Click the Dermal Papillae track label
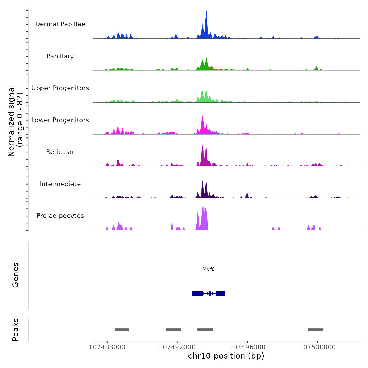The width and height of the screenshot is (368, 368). [x=60, y=24]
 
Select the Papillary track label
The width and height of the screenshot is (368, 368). [x=60, y=56]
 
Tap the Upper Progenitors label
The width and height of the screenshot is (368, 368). [x=60, y=88]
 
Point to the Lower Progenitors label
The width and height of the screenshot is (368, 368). [x=60, y=120]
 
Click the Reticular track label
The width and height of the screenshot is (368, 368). [x=60, y=152]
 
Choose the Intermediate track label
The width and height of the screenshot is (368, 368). [x=60, y=184]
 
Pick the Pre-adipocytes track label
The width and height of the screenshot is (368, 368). [x=60, y=216]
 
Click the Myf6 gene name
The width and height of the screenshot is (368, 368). [x=208, y=269]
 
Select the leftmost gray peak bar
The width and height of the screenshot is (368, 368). [x=122, y=330]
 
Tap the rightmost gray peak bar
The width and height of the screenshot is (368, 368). [x=315, y=330]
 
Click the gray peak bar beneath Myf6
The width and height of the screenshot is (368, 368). [x=205, y=330]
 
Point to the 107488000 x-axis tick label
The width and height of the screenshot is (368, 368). [x=107, y=347]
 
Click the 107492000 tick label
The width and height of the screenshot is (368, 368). [x=177, y=347]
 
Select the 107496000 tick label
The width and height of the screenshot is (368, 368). [x=247, y=347]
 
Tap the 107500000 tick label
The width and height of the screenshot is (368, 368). [x=318, y=347]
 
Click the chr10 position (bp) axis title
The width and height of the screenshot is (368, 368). [x=226, y=356]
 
